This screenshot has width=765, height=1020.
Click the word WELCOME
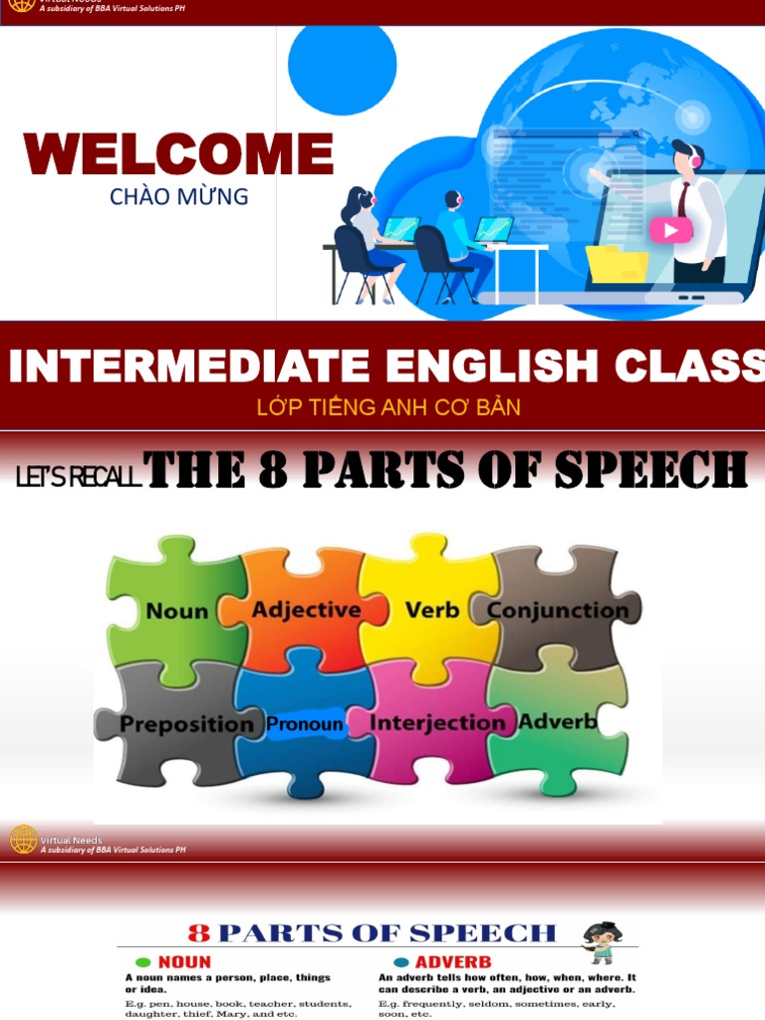[178, 154]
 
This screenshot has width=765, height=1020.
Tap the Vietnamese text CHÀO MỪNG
[178, 196]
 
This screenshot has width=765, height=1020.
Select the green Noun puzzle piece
[176, 610]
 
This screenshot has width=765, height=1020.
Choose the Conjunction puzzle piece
[558, 610]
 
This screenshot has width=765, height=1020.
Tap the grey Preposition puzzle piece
[184, 723]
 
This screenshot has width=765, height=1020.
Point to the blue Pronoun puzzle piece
[305, 725]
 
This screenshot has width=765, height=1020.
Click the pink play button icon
[670, 231]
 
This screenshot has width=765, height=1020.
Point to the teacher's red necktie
[683, 199]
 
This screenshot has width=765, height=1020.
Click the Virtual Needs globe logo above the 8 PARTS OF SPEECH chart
[23, 839]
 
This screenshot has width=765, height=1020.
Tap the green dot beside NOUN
[142, 962]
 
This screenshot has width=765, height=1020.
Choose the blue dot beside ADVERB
[400, 962]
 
